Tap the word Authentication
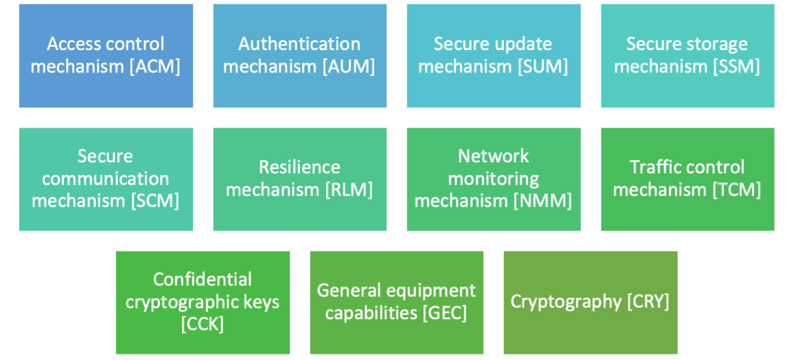pyautogui.click(x=299, y=44)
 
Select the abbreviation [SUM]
pyautogui.click(x=543, y=67)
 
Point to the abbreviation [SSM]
pyautogui.click(x=736, y=67)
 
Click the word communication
pyautogui.click(x=106, y=179)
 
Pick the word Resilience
pyautogui.click(x=299, y=167)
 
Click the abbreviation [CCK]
pyautogui.click(x=202, y=324)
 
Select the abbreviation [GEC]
pyautogui.click(x=444, y=313)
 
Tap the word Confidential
pyautogui.click(x=202, y=279)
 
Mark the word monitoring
pyautogui.click(x=493, y=179)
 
